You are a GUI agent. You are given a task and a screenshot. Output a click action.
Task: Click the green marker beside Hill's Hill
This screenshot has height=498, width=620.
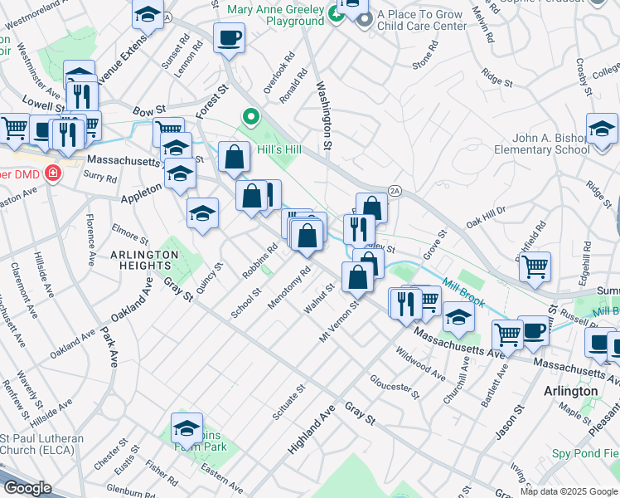pyautogui.click(x=248, y=116)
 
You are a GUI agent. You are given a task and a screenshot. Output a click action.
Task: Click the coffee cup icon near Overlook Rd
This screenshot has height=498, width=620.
pyautogui.click(x=229, y=37)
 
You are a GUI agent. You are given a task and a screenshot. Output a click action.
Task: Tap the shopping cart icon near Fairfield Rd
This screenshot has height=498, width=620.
pyautogui.click(x=535, y=266)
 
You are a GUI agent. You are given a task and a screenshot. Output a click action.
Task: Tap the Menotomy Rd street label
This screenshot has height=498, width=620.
pyautogui.click(x=289, y=288)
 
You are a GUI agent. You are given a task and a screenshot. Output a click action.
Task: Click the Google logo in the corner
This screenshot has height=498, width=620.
pyautogui.click(x=27, y=487)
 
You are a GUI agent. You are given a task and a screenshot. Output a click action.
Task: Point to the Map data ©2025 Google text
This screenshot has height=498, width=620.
pyautogui.click(x=569, y=491)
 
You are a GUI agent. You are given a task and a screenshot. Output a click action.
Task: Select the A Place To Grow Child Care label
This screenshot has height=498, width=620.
pyautogui.click(x=422, y=21)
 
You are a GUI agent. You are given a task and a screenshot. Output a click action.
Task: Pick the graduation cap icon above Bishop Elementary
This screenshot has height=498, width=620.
pyautogui.click(x=601, y=128)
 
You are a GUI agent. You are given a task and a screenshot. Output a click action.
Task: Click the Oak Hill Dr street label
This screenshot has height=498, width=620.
pyautogui.click(x=486, y=222)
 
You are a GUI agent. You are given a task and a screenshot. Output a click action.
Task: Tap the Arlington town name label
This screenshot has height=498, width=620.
pyautogui.click(x=571, y=391)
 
